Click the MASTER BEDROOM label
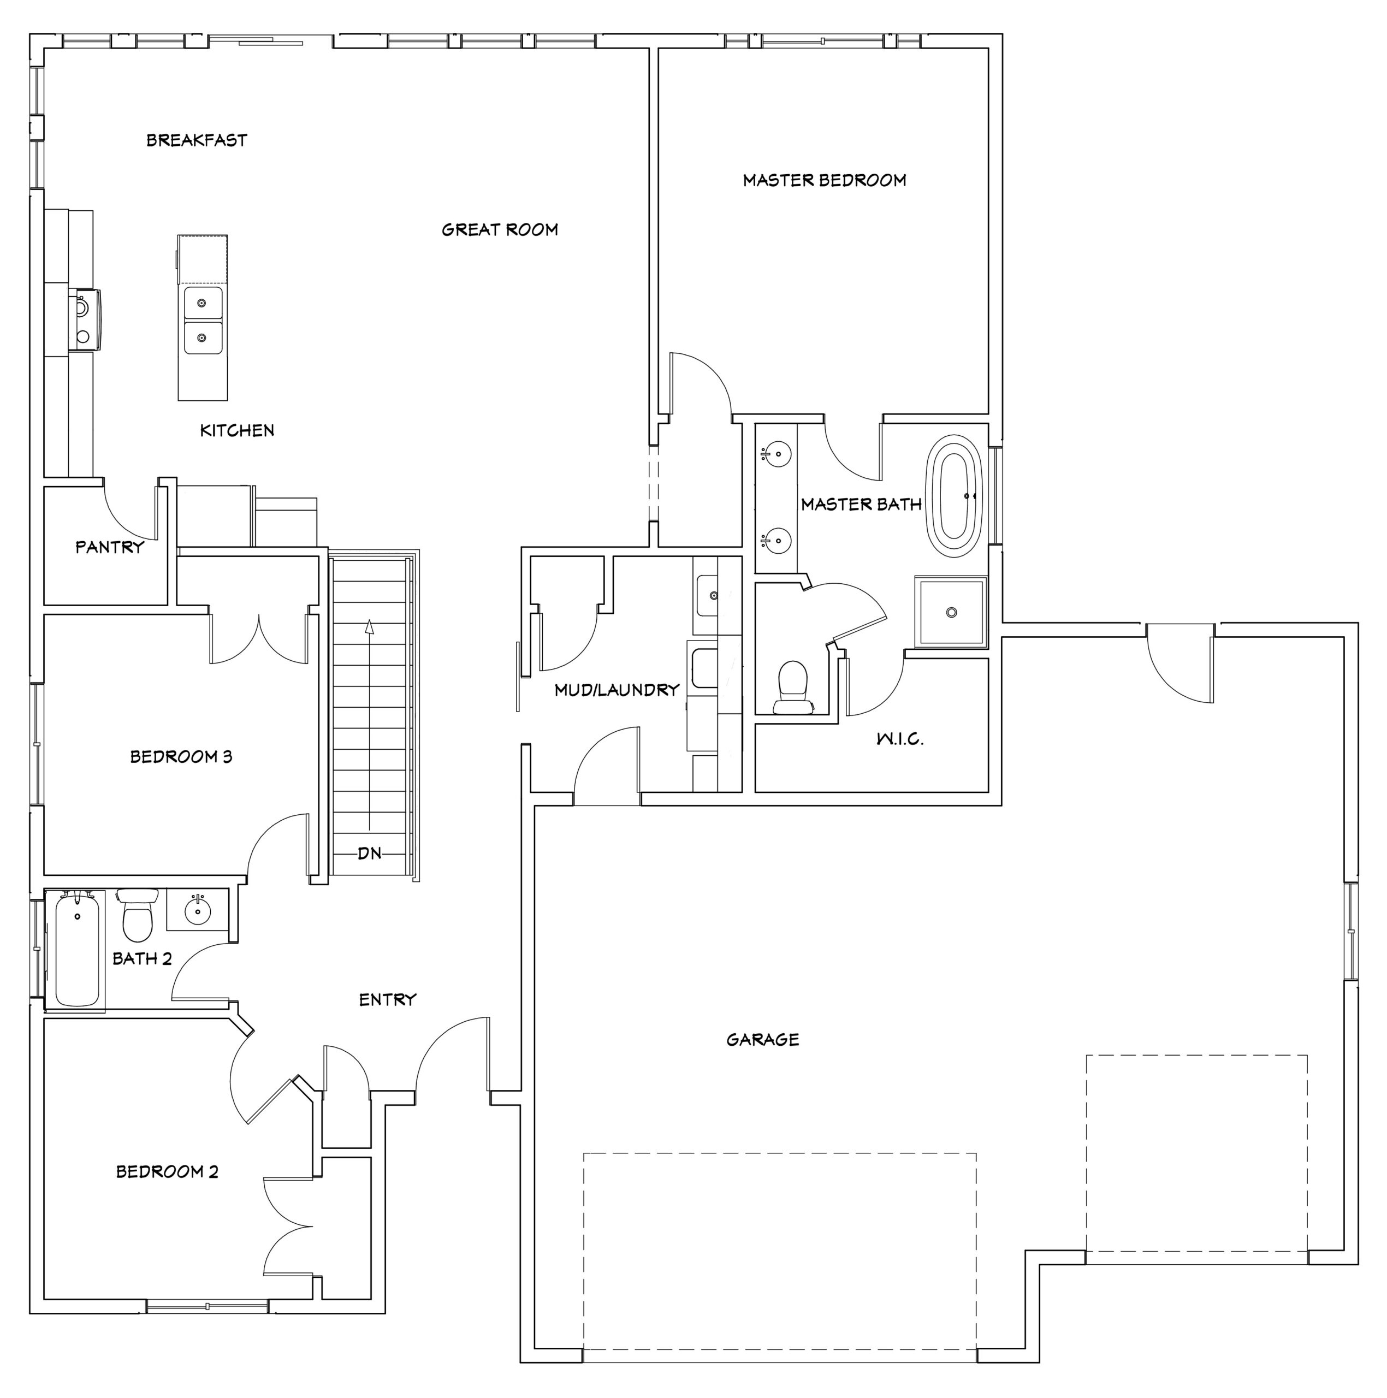coord(824,180)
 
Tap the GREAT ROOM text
coord(500,230)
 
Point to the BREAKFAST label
coord(197,140)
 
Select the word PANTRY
coord(110,547)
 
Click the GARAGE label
coord(763,1040)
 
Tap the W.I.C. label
coord(900,739)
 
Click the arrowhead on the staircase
coord(370,626)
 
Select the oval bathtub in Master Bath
coord(955,496)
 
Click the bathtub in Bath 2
coord(76,949)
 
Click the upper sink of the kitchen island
coord(203,303)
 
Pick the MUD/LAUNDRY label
coord(617,690)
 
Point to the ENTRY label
coord(388,1000)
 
